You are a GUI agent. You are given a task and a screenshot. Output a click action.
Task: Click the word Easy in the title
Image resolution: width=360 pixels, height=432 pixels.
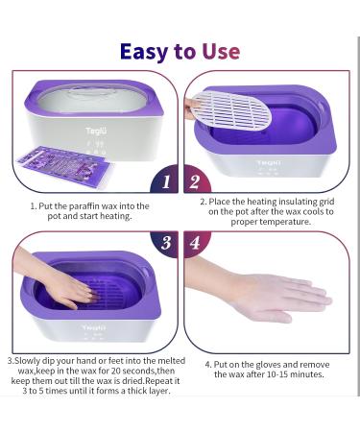tap(144, 52)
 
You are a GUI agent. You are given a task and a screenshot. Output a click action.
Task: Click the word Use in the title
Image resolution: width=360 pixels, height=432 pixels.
tap(221, 51)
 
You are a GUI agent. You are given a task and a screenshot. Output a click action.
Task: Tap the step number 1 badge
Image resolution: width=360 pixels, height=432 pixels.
tap(165, 180)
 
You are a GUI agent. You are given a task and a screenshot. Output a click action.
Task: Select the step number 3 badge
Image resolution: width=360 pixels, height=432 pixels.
tap(166, 243)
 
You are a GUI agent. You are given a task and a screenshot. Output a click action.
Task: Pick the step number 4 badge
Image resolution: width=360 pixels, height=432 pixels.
tap(195, 243)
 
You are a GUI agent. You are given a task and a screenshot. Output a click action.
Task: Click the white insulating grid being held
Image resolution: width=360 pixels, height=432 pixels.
tap(233, 112)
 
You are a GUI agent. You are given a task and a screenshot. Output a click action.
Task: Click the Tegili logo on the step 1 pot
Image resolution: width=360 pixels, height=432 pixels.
tap(96, 131)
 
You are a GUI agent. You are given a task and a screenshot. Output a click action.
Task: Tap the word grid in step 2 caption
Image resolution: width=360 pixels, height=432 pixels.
tap(326, 202)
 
